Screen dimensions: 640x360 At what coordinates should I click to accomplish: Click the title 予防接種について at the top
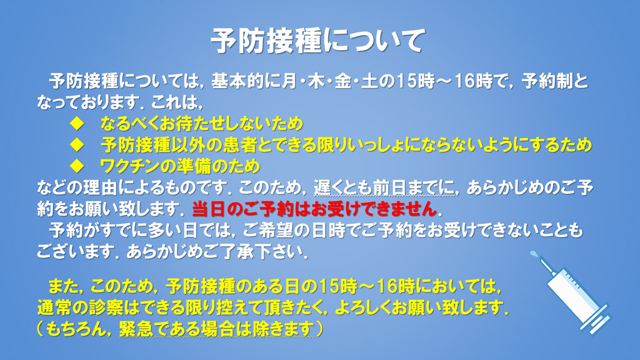tap(318, 41)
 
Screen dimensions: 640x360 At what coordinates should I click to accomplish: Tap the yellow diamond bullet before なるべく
tap(77, 123)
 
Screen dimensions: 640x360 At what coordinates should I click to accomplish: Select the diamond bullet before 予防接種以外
tap(77, 144)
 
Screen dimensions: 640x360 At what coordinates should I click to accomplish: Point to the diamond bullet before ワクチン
tap(77, 166)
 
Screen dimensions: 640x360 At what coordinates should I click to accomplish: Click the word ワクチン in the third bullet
tap(126, 166)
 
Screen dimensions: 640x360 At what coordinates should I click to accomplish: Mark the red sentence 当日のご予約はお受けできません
tap(314, 209)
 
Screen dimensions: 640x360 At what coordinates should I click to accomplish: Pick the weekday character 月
tap(289, 81)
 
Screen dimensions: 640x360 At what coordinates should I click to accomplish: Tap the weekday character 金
tap(342, 81)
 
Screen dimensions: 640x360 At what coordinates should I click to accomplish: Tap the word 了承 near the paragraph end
tap(240, 252)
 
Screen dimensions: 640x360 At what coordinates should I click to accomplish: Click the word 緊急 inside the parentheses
tap(136, 329)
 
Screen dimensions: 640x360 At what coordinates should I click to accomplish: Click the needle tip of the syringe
tap(533, 254)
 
